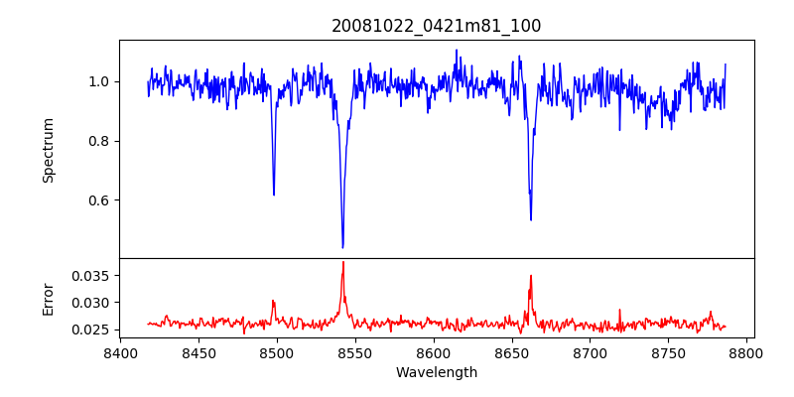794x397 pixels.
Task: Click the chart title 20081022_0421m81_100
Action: [x=436, y=26]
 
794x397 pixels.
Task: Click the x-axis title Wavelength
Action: [x=436, y=373]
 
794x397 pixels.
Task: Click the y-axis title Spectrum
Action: [x=48, y=150]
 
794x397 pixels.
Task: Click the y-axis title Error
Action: [x=48, y=299]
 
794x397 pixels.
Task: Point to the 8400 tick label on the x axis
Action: [x=120, y=353]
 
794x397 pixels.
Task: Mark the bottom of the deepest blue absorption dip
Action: [x=342, y=247]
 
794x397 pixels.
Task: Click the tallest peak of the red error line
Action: [x=342, y=262]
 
